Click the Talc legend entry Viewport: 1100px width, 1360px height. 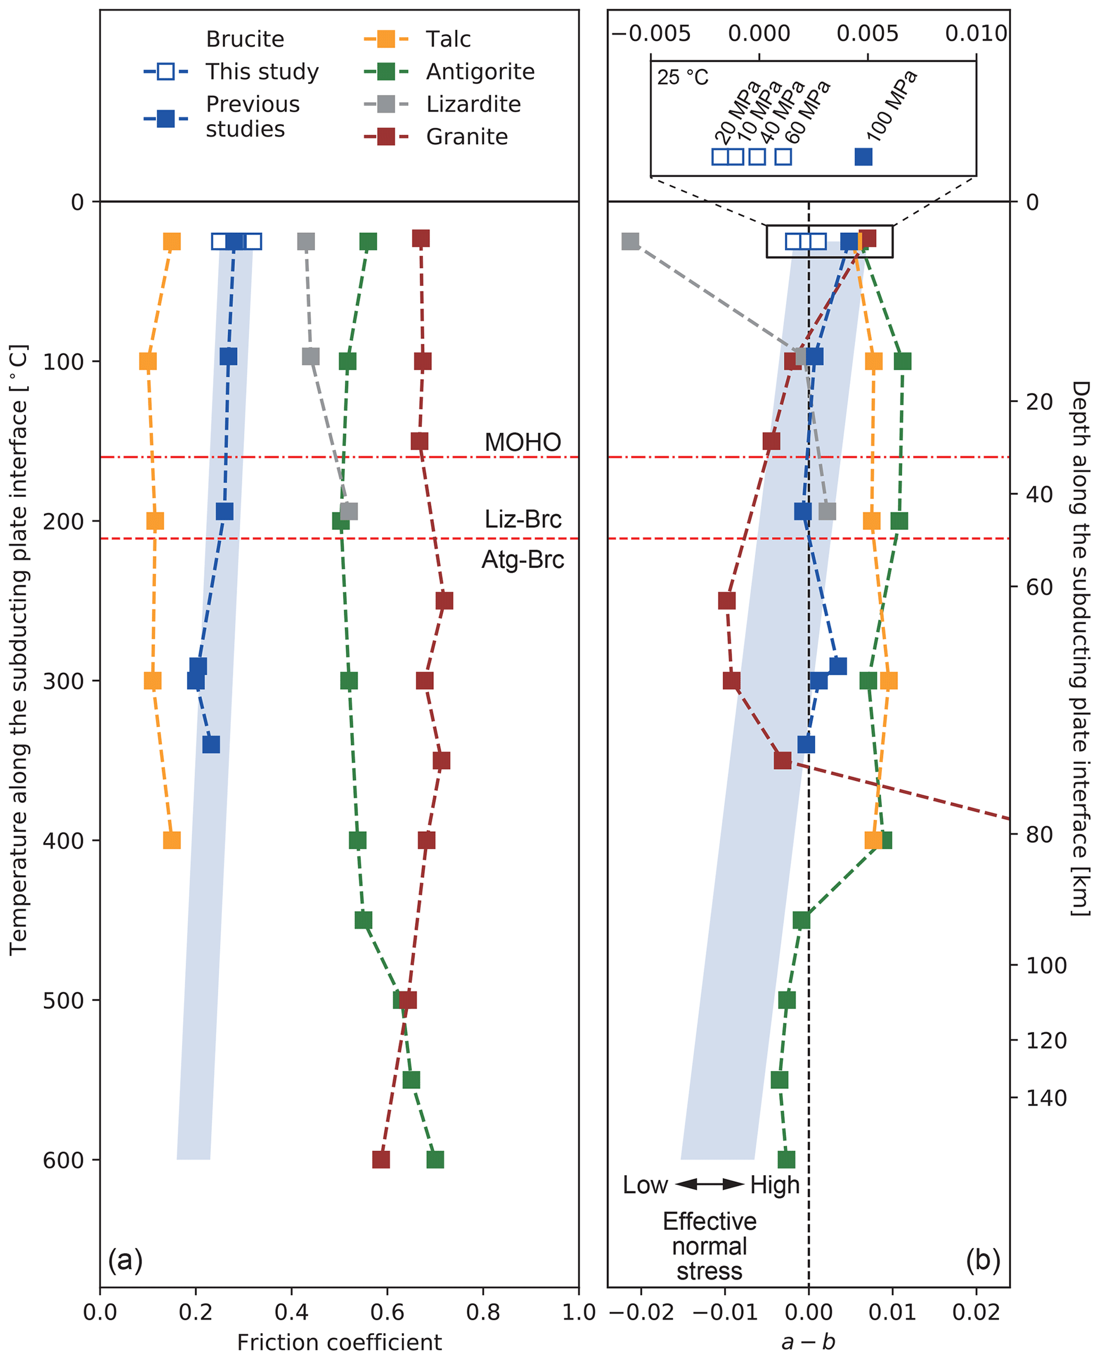(x=448, y=39)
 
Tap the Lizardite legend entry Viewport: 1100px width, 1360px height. (x=473, y=104)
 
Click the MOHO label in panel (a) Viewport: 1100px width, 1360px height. (x=523, y=442)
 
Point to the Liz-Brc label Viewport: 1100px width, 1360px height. (x=523, y=519)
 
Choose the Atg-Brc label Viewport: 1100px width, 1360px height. (x=523, y=559)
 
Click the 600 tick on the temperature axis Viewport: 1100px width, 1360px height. (x=63, y=1160)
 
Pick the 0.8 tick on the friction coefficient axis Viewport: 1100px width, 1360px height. (x=483, y=1312)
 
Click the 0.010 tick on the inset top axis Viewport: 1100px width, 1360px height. (x=976, y=33)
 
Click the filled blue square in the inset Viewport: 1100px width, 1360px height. (x=863, y=156)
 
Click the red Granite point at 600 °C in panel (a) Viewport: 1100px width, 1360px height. (x=381, y=1160)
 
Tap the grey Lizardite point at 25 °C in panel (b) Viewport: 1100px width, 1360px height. (x=630, y=242)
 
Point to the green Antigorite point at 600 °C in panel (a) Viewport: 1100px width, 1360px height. (x=435, y=1160)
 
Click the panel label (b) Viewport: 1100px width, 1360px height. (x=983, y=1260)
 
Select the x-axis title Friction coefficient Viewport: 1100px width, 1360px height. (x=339, y=1342)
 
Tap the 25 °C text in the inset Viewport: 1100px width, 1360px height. (x=682, y=78)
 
